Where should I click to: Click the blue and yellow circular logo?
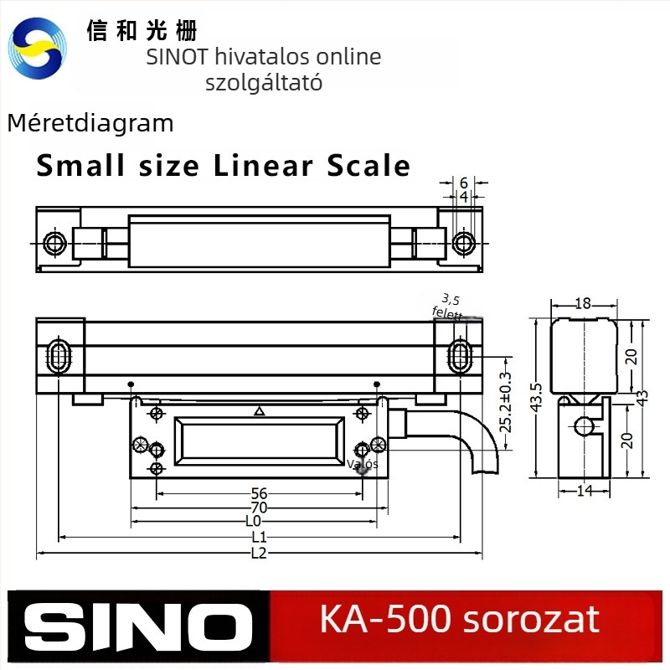38,48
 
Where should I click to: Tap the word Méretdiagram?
90,123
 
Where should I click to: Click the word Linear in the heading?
263,166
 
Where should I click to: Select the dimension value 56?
259,493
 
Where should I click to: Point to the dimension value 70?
259,508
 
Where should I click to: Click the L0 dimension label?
254,521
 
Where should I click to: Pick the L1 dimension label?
259,537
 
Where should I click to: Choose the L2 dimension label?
259,554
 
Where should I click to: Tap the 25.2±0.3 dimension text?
505,402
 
